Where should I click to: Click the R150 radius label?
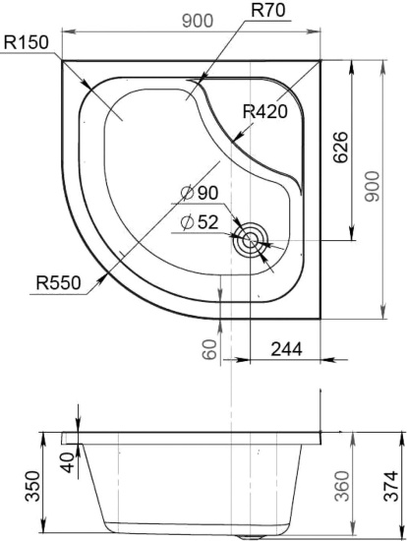(x=26, y=42)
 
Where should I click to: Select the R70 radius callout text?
(x=268, y=10)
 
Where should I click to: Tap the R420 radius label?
(x=264, y=111)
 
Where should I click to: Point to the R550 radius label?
(x=58, y=283)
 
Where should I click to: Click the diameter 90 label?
(x=200, y=193)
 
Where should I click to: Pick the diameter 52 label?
(x=200, y=222)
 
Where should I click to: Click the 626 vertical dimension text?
(x=341, y=147)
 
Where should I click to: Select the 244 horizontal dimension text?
(x=287, y=349)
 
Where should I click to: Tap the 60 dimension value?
(x=209, y=349)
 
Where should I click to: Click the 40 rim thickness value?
(x=68, y=462)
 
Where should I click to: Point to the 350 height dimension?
(x=33, y=486)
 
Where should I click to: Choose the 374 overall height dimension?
(x=391, y=486)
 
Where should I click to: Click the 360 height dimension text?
(x=342, y=486)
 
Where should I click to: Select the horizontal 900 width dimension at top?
(x=198, y=21)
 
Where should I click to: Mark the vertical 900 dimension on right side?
(x=373, y=186)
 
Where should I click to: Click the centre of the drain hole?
(x=250, y=240)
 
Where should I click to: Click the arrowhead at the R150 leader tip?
(x=87, y=85)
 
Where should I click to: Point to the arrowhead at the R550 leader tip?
(x=102, y=279)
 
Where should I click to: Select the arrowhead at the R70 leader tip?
(x=203, y=75)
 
